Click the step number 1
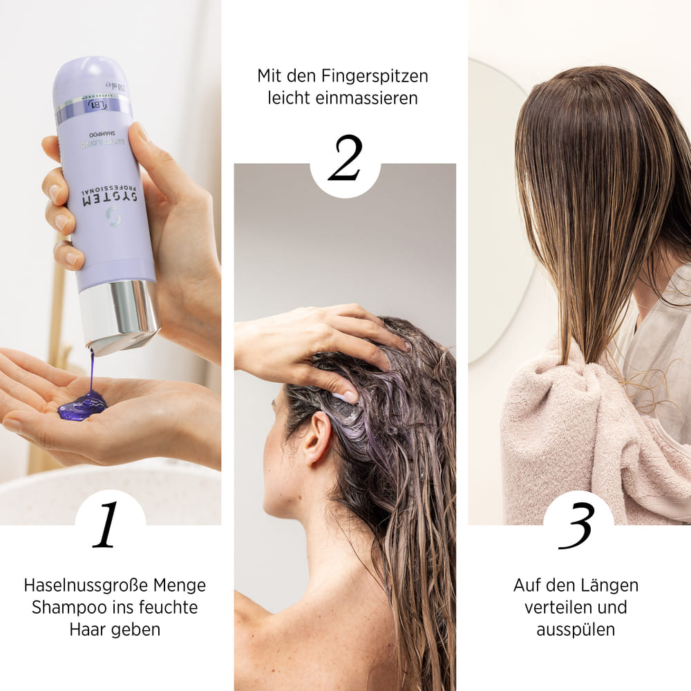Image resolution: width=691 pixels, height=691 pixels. [x=108, y=526]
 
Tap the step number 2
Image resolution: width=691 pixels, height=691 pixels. [x=345, y=159]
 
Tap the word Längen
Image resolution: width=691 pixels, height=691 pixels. [x=612, y=585]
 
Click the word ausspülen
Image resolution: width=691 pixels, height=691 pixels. [x=576, y=630]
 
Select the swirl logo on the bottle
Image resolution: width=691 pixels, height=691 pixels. [x=113, y=216]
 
